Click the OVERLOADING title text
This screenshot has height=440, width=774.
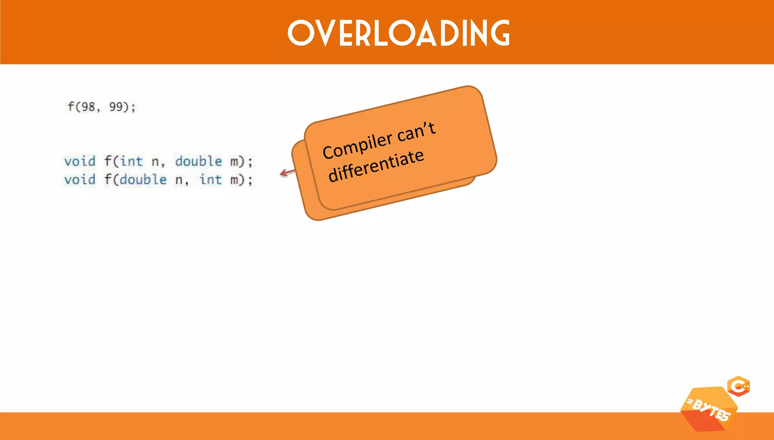point(399,33)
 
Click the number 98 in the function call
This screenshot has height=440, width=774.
point(88,107)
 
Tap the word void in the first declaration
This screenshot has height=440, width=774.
point(80,161)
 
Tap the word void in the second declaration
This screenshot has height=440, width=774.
point(80,179)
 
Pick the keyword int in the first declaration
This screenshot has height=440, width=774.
point(132,161)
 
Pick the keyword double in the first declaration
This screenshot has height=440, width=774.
point(198,161)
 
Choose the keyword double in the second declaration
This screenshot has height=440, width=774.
point(143,179)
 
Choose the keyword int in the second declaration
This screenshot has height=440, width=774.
point(211,179)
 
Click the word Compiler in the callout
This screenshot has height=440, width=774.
point(357,146)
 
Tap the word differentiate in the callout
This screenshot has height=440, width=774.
point(376,166)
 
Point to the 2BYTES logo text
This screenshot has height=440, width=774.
point(709,410)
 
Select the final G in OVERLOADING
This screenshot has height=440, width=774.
point(500,33)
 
